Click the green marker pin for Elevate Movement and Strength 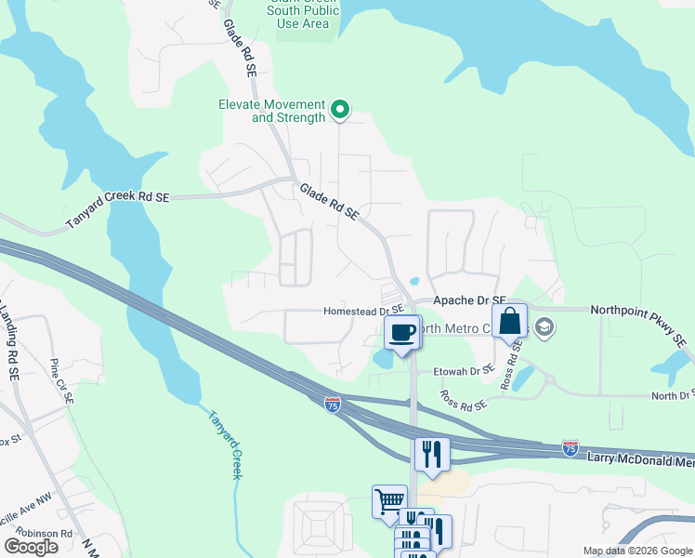[x=340, y=111]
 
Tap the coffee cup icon [x=402, y=333]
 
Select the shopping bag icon [x=509, y=322]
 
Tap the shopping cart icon [x=389, y=501]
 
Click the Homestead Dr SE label [x=363, y=311]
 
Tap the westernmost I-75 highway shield [x=333, y=404]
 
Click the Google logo [x=31, y=546]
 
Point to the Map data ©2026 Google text [x=636, y=551]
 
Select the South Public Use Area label [x=303, y=17]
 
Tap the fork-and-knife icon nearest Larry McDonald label [x=432, y=454]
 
